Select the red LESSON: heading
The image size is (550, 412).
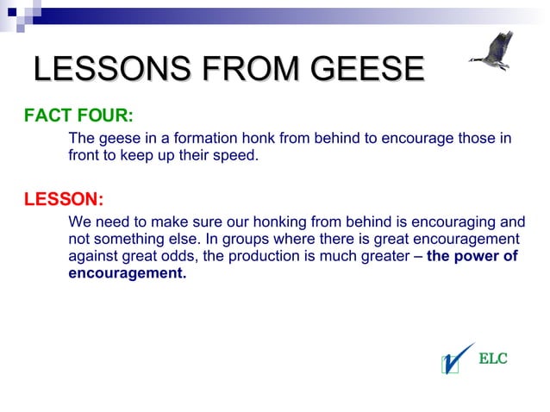pyautogui.click(x=64, y=200)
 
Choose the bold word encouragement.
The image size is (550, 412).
pyautogui.click(x=127, y=273)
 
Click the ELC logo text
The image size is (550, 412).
pyautogui.click(x=493, y=359)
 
